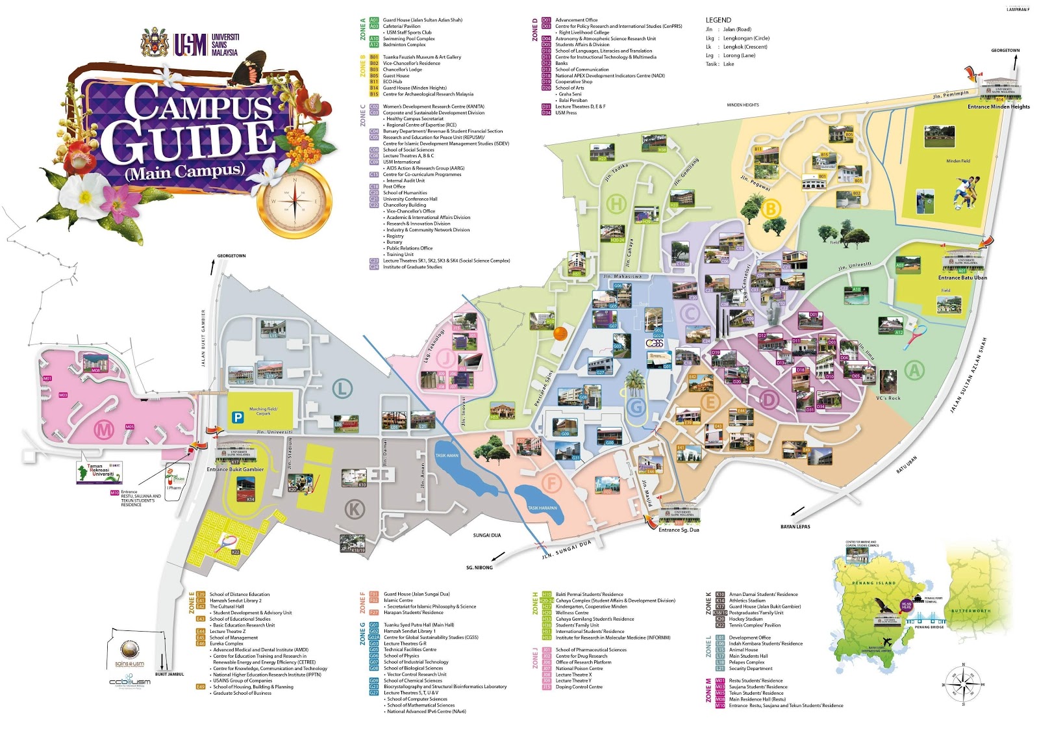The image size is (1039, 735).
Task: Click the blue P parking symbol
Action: click(238, 418)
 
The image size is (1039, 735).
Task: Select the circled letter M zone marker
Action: click(104, 429)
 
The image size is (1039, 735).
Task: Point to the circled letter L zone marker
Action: click(342, 389)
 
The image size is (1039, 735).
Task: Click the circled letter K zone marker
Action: click(355, 509)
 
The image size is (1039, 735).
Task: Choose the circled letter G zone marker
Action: click(636, 407)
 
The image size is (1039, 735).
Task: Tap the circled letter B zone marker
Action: click(771, 209)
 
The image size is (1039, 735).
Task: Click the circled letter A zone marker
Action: click(914, 370)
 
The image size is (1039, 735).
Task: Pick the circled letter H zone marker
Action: click(616, 204)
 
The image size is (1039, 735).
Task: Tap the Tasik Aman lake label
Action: click(447, 456)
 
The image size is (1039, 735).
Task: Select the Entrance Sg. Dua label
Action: click(679, 530)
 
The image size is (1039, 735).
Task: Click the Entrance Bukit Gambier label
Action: click(235, 469)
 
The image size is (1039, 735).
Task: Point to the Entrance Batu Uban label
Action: click(962, 277)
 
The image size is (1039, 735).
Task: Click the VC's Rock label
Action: click(888, 398)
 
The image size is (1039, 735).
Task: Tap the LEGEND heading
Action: click(718, 20)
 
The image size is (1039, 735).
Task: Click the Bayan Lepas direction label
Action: click(795, 526)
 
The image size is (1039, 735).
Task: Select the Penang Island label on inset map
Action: click(873, 583)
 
